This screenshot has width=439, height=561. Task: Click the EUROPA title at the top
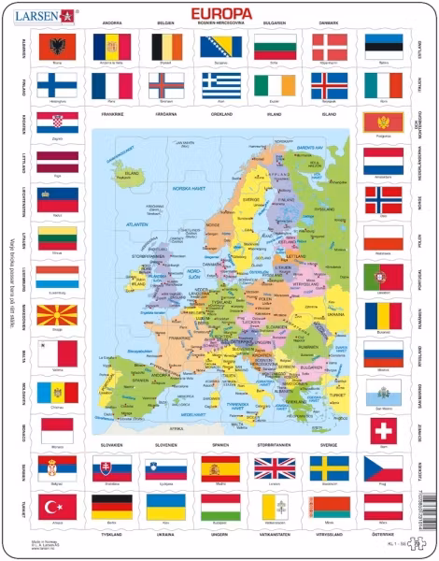click(x=219, y=12)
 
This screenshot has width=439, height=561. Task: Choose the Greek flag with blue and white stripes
click(x=219, y=85)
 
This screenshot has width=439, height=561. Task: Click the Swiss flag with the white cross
click(x=383, y=430)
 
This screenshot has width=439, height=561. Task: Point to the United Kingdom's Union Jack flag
click(x=275, y=467)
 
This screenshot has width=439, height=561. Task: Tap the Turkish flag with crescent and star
click(x=56, y=508)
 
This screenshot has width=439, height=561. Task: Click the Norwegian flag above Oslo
click(x=383, y=200)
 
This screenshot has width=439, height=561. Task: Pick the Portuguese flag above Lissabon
click(x=383, y=278)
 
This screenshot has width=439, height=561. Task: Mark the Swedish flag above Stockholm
click(x=329, y=467)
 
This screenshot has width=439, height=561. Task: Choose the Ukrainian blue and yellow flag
click(x=165, y=508)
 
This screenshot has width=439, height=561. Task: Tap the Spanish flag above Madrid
click(x=219, y=467)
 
